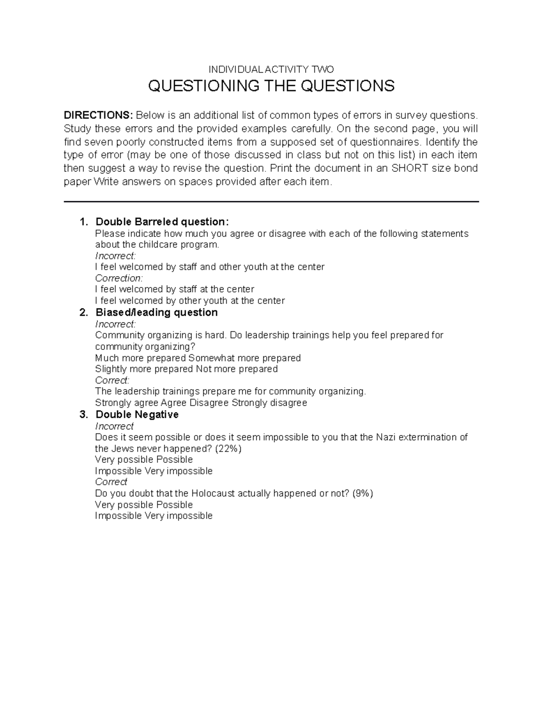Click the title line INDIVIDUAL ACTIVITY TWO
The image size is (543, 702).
click(271, 69)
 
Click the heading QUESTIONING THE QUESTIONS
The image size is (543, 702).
click(271, 86)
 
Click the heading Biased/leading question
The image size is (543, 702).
click(157, 312)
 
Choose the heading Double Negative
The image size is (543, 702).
click(137, 415)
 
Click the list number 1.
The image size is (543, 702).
click(82, 222)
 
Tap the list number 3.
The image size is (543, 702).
click(82, 415)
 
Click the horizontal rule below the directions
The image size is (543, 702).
click(271, 202)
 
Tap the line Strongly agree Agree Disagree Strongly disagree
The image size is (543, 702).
click(201, 403)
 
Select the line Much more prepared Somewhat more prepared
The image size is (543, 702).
click(198, 358)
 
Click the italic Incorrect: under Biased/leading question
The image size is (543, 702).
click(115, 324)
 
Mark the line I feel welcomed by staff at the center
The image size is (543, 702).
click(175, 289)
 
